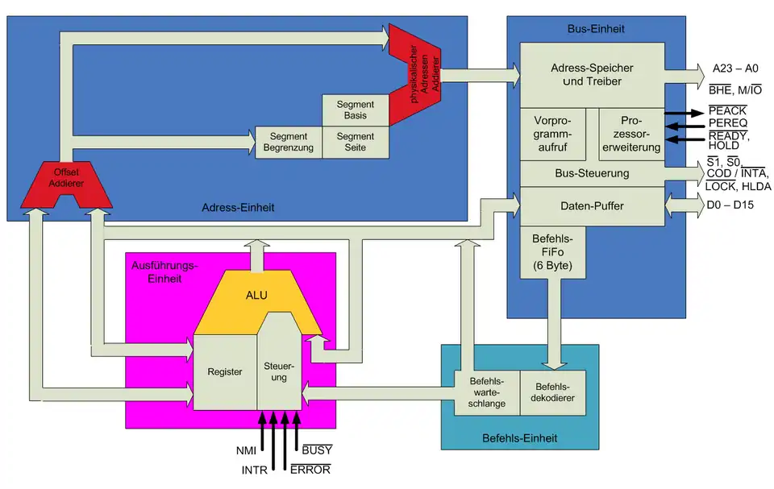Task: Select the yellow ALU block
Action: point(256,296)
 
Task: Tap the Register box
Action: point(225,371)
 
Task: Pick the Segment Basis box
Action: point(355,110)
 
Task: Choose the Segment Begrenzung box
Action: point(289,143)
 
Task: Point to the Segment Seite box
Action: point(355,143)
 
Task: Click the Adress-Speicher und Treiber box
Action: point(592,75)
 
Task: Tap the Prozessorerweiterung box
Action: point(630,135)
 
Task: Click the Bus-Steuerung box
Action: point(592,173)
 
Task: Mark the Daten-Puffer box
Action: point(592,206)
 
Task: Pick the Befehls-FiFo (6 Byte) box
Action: point(552,251)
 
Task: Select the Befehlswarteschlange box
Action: point(486,392)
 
